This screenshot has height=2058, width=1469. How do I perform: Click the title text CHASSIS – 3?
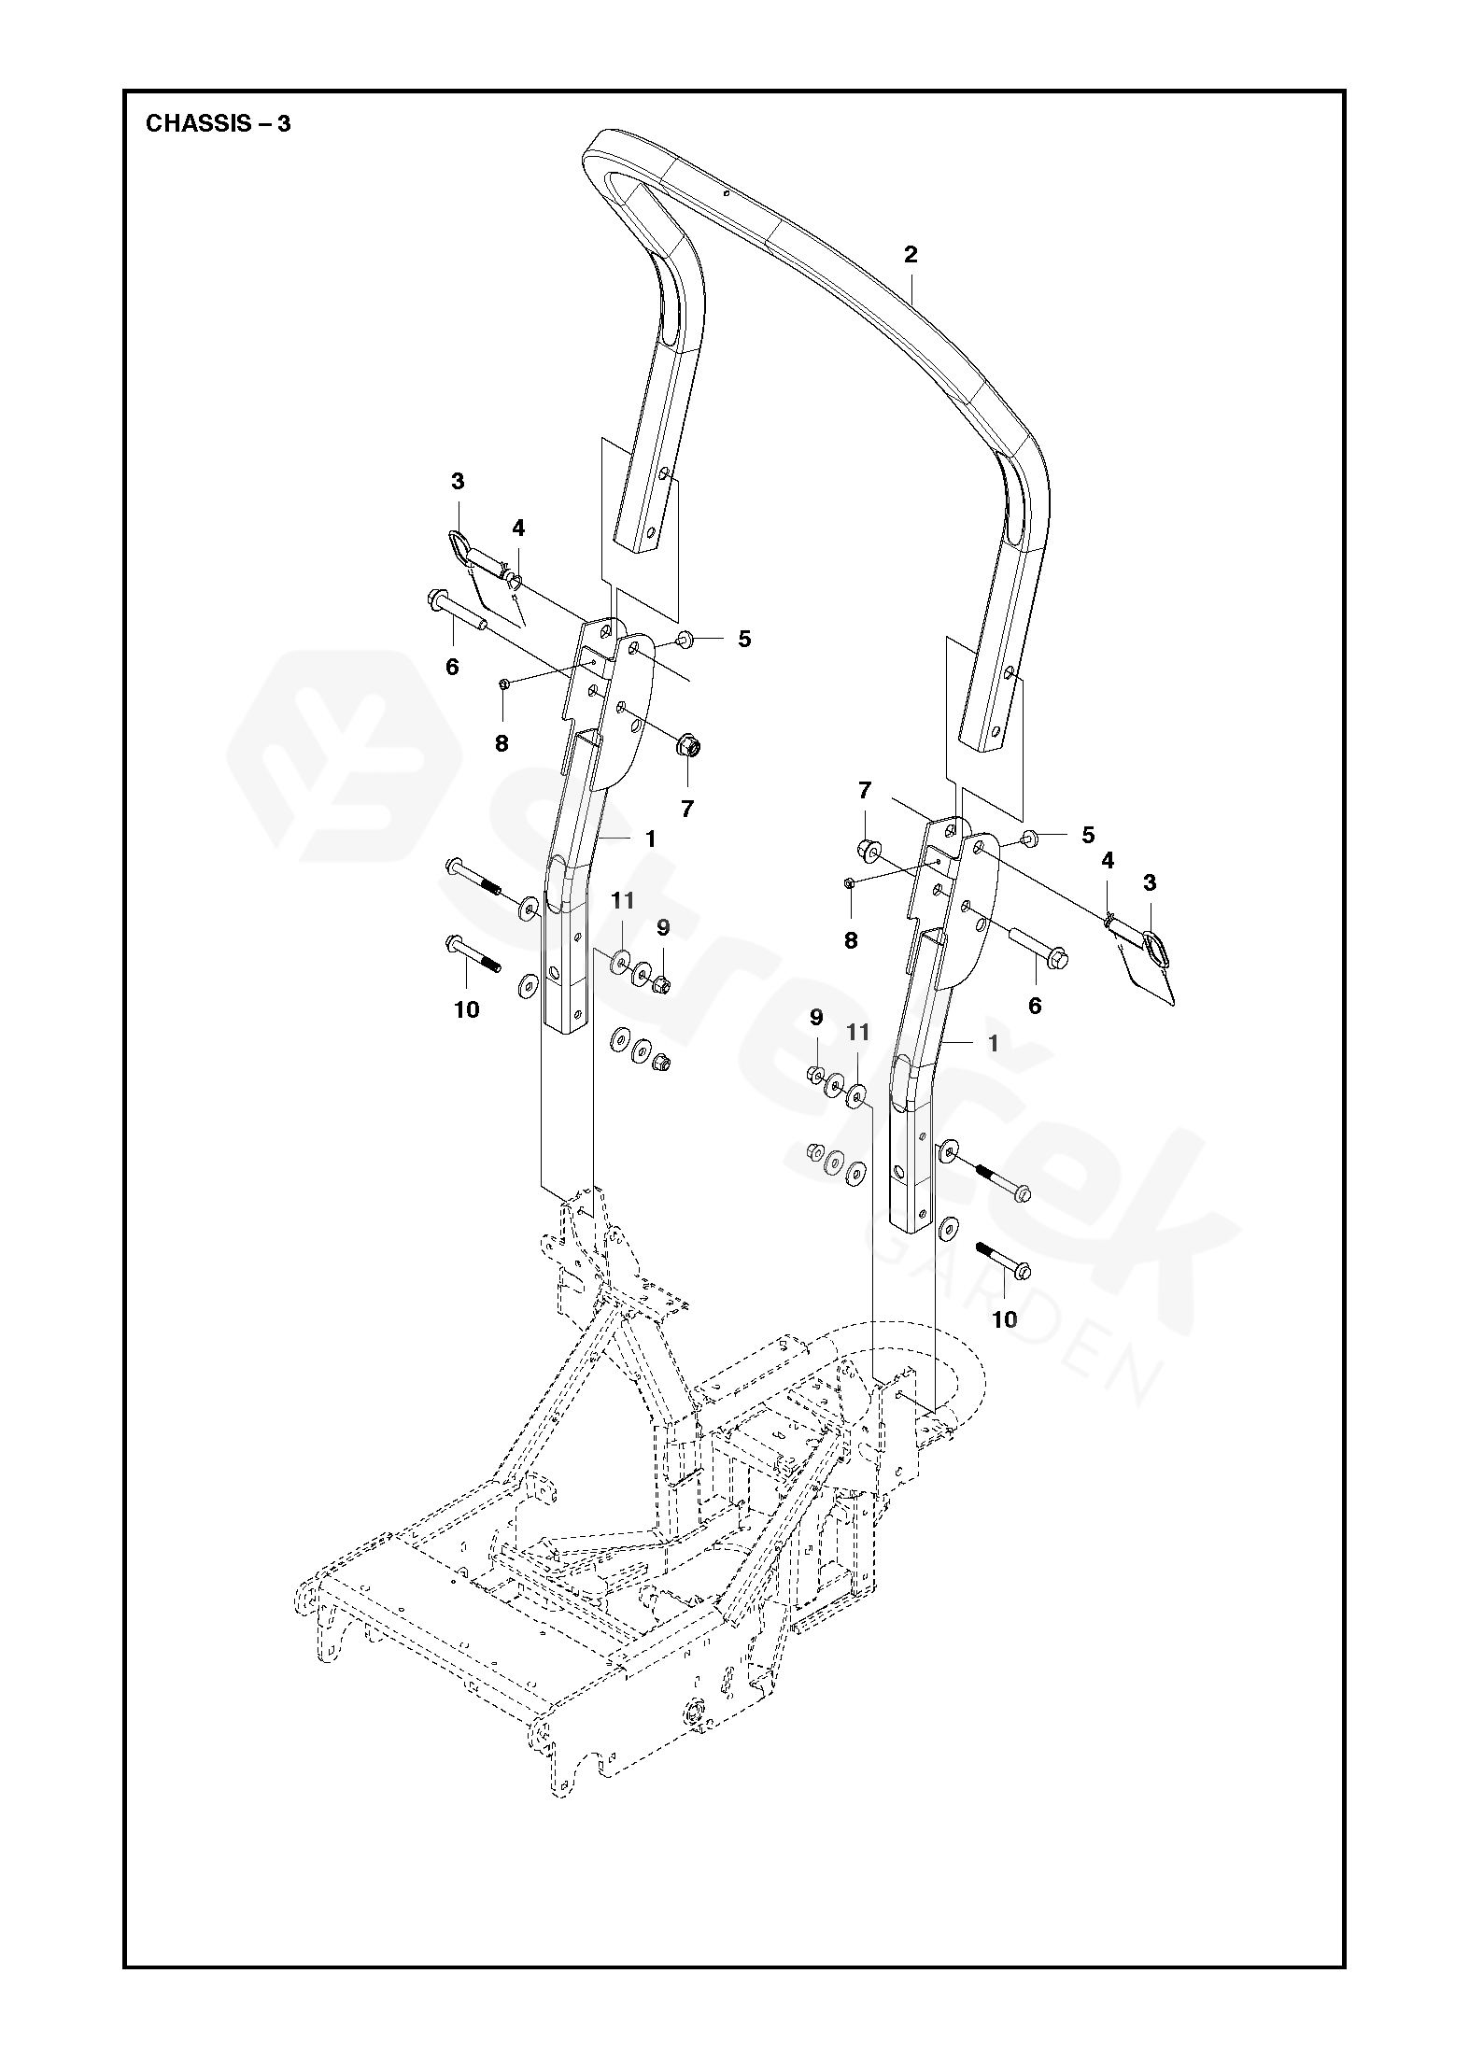coord(218,124)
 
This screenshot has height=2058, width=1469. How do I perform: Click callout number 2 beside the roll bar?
coord(911,254)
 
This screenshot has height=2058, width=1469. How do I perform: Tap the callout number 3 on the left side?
coord(458,482)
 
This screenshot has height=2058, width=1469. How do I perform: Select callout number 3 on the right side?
coord(1150,883)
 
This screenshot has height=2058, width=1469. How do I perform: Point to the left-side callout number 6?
coord(452,667)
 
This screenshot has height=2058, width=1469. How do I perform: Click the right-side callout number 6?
coord(1034,1006)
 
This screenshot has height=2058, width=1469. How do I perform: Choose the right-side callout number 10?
coord(1005,1318)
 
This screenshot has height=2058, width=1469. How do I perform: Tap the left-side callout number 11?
coord(623,900)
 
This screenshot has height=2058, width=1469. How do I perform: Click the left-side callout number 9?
coord(663,927)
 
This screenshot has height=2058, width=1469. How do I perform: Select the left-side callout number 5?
coord(744,639)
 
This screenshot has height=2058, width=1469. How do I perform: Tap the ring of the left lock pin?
coord(458,543)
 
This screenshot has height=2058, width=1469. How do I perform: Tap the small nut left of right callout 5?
coord(1028,836)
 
